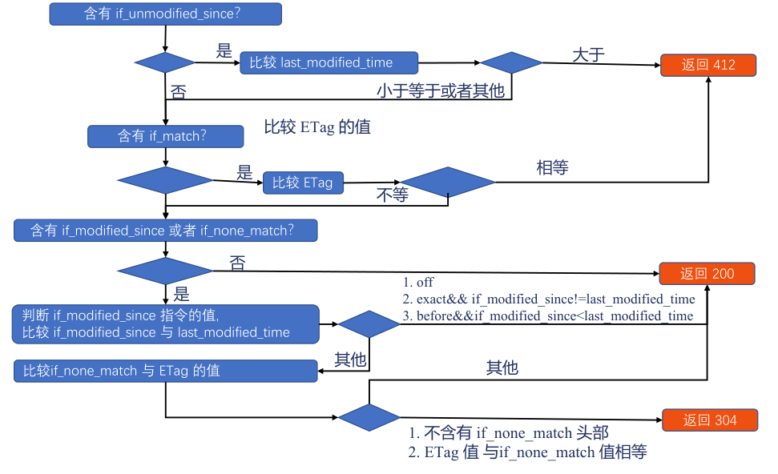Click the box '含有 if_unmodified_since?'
[x=165, y=14]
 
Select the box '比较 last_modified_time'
[x=329, y=63]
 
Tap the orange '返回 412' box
[x=708, y=65]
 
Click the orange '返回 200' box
[x=707, y=274]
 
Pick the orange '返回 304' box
[x=710, y=420]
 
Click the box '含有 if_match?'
[x=165, y=136]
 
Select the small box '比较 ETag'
[x=303, y=183]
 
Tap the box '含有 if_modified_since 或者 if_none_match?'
[x=165, y=231]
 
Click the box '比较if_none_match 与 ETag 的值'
[x=165, y=371]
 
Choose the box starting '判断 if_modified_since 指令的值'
[x=165, y=324]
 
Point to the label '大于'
[x=588, y=54]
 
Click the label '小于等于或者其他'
[x=440, y=90]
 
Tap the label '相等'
[x=552, y=167]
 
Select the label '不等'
[x=392, y=195]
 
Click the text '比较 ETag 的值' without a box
[x=317, y=127]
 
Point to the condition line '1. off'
[x=417, y=283]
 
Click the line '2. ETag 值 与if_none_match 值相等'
[x=527, y=452]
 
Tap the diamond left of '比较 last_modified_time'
[x=165, y=63]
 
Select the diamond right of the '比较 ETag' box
[x=448, y=183]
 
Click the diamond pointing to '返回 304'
[x=369, y=417]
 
